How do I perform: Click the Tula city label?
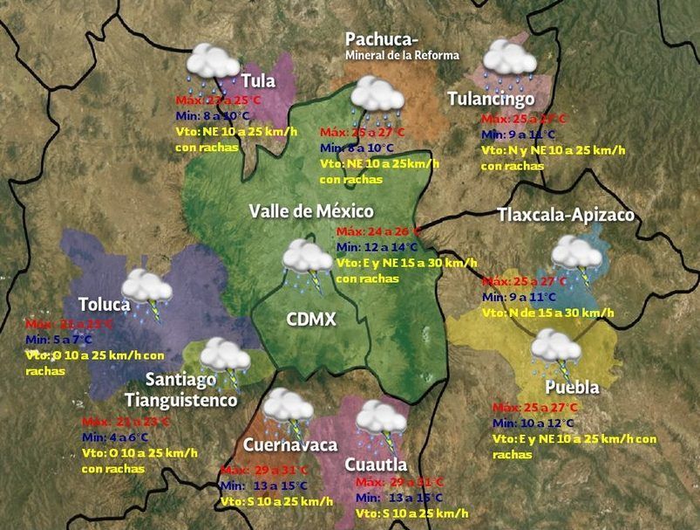(x=258, y=81)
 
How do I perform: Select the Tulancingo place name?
(x=491, y=99)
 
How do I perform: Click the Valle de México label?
(x=311, y=211)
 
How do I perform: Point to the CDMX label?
(x=311, y=319)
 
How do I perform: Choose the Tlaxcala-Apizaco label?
(x=565, y=215)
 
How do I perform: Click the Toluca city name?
(x=104, y=305)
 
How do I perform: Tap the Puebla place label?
(x=572, y=388)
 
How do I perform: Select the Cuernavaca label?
(x=290, y=445)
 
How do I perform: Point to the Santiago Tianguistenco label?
(x=180, y=390)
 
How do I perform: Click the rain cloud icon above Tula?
(x=214, y=63)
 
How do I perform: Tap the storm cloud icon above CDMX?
(x=307, y=259)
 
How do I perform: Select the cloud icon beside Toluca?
(x=146, y=288)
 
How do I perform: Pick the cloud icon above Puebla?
(x=557, y=348)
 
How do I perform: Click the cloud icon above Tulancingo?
(x=510, y=59)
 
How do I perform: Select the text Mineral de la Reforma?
(x=402, y=56)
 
